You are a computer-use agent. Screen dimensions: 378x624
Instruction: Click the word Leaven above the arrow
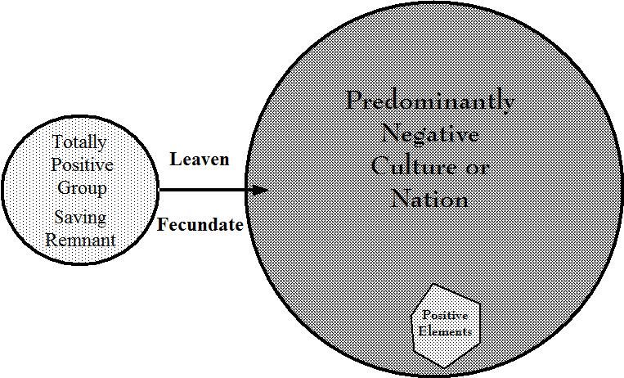pos(199,159)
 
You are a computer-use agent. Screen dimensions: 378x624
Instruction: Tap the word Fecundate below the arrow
pos(200,224)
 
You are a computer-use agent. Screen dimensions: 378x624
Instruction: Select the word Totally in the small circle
pos(79,142)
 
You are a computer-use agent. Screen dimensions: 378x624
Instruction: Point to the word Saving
pos(81,218)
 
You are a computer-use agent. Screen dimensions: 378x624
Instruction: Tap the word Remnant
pos(81,241)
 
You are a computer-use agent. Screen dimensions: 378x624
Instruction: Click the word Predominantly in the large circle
pos(430,101)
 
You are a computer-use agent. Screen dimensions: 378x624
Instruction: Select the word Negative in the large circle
pos(430,133)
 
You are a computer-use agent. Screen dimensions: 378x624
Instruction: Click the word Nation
pos(430,198)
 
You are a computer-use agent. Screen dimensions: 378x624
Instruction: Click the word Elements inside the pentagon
pos(445,331)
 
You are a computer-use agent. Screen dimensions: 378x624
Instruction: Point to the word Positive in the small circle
pos(82,164)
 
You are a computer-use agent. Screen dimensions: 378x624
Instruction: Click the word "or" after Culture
pos(478,168)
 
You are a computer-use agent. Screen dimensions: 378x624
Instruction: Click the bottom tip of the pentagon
pos(445,367)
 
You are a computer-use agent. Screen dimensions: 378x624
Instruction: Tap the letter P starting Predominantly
pos(353,101)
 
